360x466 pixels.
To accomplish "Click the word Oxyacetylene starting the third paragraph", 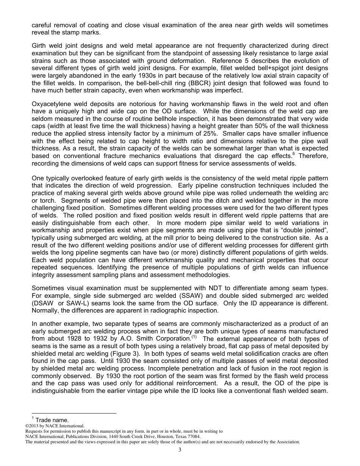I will [x=50, y=104].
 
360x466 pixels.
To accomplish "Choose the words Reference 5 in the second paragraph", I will [x=229, y=61].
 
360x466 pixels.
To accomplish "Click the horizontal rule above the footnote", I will [x=74, y=413].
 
